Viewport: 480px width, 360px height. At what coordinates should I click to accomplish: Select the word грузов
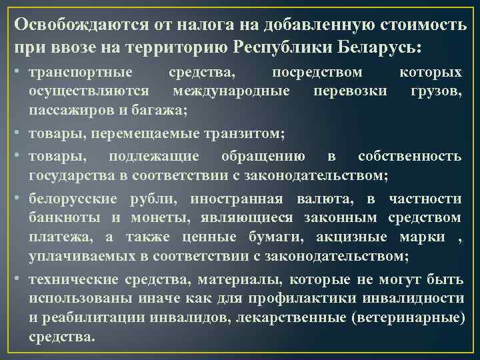tap(437, 90)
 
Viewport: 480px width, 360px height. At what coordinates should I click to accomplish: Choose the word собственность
tap(409, 157)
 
